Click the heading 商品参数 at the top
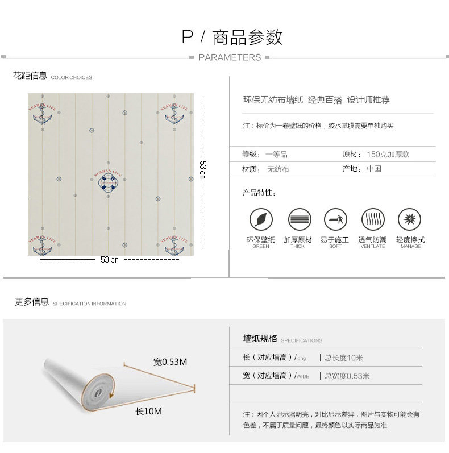tap(247, 38)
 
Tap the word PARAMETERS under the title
tap(230, 57)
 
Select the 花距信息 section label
tap(30, 76)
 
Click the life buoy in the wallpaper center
tap(108, 181)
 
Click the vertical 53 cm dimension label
tap(202, 169)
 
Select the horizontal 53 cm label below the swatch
tap(109, 259)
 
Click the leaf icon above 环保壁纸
tap(261, 219)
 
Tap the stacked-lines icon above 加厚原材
tap(299, 219)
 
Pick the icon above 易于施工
tap(335, 219)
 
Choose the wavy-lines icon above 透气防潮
tap(372, 219)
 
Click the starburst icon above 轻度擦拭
tap(409, 219)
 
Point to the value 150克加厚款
tap(388, 154)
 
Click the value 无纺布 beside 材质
tap(278, 169)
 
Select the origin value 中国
tap(373, 169)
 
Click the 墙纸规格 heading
tap(260, 339)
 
